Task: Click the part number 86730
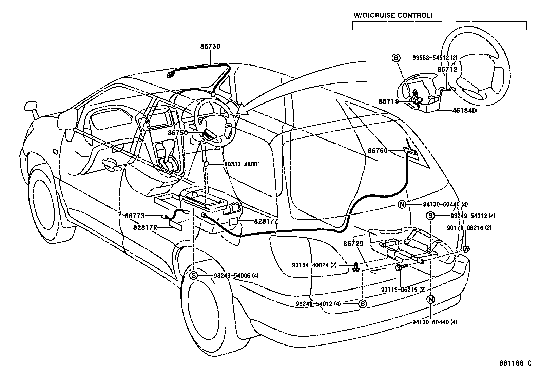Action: click(x=210, y=46)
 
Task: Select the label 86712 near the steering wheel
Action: click(x=447, y=70)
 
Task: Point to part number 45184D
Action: click(x=464, y=111)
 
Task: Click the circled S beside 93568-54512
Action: click(x=396, y=58)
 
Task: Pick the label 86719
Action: click(x=389, y=101)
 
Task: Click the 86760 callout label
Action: click(x=378, y=150)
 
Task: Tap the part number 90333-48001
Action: click(x=242, y=165)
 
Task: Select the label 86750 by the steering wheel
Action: click(x=178, y=133)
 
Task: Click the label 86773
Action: click(x=135, y=216)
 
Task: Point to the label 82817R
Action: click(x=145, y=227)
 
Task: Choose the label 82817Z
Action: click(x=266, y=221)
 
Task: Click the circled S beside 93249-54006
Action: click(x=194, y=276)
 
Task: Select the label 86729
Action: click(x=353, y=244)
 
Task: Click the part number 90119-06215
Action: click(x=403, y=290)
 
